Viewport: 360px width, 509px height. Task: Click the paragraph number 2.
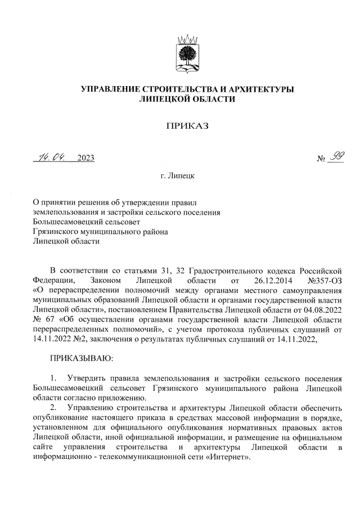[x=54, y=407]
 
